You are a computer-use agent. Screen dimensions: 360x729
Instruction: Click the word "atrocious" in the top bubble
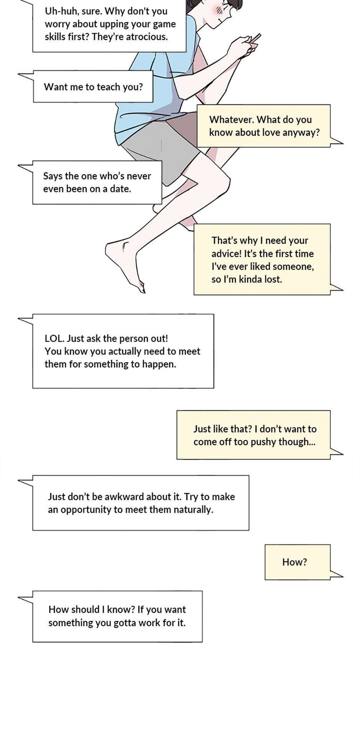point(147,37)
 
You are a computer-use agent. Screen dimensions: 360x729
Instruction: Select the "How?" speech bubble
point(298,562)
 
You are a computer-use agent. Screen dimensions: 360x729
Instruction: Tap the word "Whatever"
point(231,120)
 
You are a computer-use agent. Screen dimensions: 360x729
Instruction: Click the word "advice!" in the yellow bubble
point(226,254)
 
